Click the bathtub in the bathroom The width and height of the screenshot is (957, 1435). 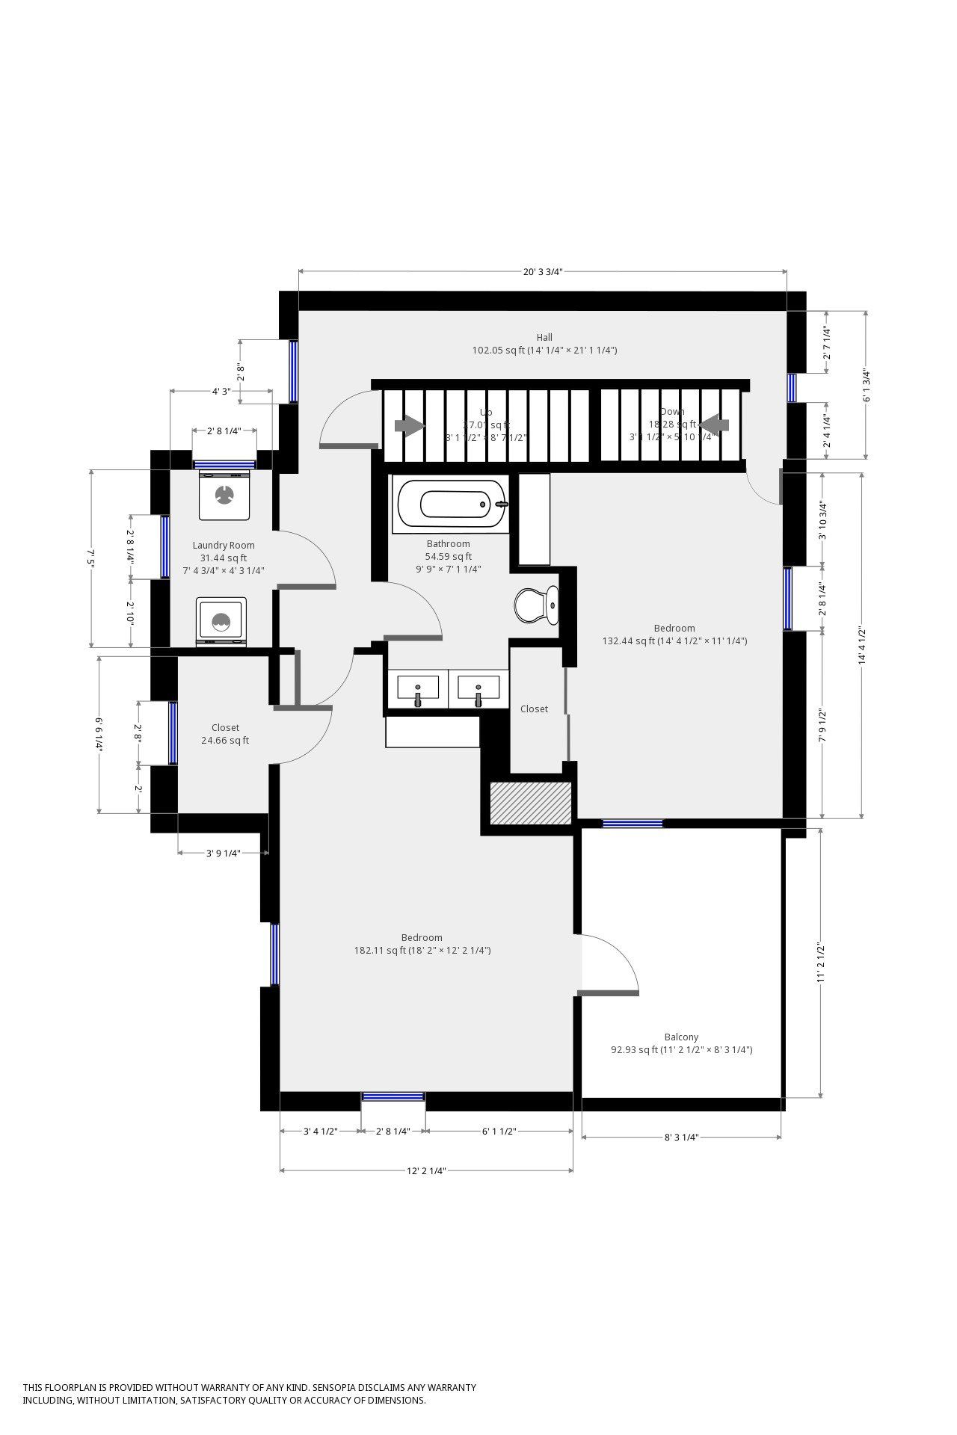[x=452, y=504]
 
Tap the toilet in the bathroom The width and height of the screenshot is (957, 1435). [x=536, y=605]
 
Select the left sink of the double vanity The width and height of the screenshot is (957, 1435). [x=417, y=689]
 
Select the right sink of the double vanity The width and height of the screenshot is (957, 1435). [x=478, y=689]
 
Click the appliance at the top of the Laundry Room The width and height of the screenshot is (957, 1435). [x=224, y=495]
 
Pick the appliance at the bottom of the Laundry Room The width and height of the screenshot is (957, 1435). [x=221, y=620]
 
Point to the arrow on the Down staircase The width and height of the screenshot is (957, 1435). [x=714, y=425]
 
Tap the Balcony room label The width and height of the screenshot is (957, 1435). [x=681, y=1037]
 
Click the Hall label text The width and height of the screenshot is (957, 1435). [x=544, y=337]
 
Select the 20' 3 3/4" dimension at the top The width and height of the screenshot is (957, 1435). [x=542, y=272]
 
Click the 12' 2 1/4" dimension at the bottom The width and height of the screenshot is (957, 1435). [x=426, y=1171]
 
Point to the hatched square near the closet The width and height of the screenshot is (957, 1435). [x=530, y=803]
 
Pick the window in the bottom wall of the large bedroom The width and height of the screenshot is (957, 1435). [x=393, y=1096]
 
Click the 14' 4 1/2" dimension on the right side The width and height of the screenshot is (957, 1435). [x=862, y=646]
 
